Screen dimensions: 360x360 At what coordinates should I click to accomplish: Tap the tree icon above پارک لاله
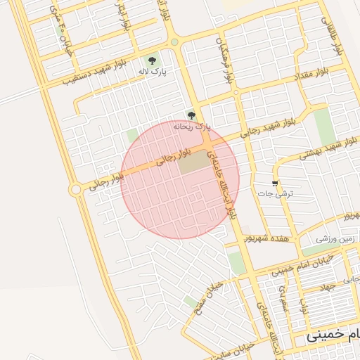click(x=153, y=60)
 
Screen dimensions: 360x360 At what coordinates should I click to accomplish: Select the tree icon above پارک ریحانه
click(x=191, y=115)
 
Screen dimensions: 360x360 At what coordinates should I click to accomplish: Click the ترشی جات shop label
click(x=284, y=192)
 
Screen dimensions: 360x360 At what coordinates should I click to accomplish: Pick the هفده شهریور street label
click(x=266, y=239)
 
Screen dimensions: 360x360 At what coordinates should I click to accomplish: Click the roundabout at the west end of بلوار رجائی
click(x=75, y=189)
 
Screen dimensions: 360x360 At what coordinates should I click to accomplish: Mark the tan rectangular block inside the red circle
click(x=194, y=162)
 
